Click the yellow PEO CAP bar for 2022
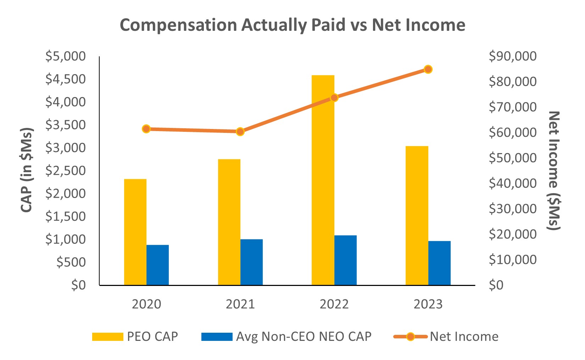323,180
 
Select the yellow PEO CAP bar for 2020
135,232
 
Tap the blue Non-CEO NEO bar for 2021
251,262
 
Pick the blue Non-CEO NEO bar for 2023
439,263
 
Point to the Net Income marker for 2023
428,69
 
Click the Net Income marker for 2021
240,132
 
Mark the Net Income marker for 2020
146,129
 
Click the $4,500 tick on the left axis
66,79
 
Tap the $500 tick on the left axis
71,262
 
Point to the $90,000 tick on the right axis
512,56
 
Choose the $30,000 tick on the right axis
512,209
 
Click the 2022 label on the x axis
334,304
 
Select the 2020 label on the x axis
146,304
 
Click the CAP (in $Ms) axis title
27,170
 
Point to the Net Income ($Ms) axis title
553,171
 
